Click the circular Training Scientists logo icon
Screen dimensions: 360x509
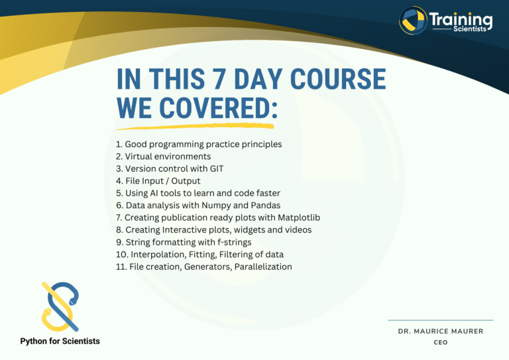(412, 21)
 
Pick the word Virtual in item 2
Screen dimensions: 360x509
(141, 156)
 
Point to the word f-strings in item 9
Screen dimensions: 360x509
(234, 242)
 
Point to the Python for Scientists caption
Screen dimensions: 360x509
(60, 341)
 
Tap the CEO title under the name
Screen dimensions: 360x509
(440, 342)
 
